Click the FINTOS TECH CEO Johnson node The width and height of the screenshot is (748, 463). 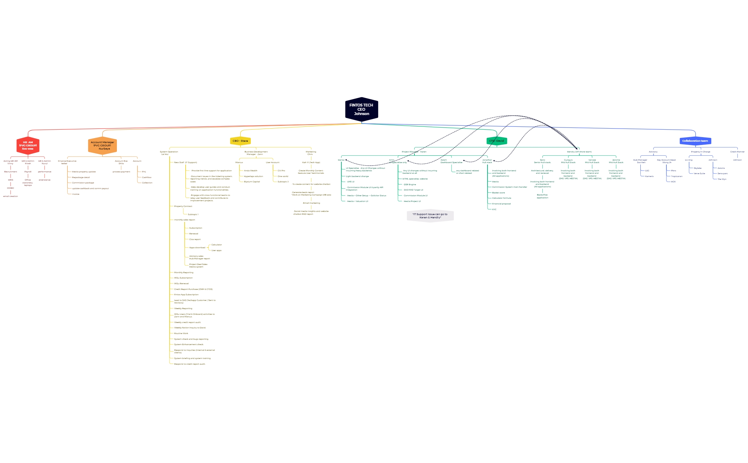(361, 109)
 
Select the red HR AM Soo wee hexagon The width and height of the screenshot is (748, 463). (28, 145)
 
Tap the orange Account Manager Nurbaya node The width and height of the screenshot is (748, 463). (102, 145)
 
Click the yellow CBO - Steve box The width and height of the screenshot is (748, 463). (240, 141)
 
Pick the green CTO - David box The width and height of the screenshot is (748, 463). (496, 141)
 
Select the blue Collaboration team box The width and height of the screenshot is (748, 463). (695, 141)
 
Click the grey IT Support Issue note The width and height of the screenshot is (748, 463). (430, 216)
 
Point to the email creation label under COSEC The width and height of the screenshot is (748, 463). (11, 196)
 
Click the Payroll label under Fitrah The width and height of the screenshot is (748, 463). (28, 172)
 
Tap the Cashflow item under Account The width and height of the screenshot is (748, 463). (146, 177)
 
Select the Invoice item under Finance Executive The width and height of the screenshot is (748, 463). (76, 194)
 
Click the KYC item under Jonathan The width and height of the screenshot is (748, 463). (494, 209)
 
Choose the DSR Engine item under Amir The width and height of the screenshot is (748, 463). (410, 184)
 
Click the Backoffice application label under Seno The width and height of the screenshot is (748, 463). (542, 196)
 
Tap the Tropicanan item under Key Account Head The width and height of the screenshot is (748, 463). (676, 176)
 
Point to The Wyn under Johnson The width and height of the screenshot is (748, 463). (722, 179)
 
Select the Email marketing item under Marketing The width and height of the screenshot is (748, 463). (311, 203)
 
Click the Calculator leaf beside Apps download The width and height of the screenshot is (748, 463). (216, 245)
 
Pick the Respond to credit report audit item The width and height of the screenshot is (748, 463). (190, 364)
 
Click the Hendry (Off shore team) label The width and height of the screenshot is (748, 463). (579, 152)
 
